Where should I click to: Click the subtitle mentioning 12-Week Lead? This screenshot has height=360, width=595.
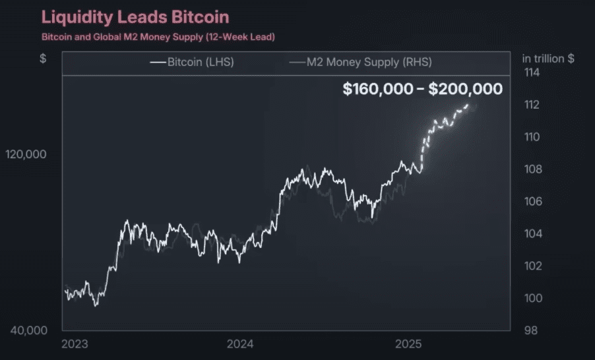tap(158, 37)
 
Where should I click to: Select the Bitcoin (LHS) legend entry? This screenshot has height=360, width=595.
tap(192, 63)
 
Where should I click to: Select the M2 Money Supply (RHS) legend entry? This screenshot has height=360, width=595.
tap(361, 63)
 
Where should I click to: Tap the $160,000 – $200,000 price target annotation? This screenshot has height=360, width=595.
tap(422, 89)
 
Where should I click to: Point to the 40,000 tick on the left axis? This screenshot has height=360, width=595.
tap(30, 330)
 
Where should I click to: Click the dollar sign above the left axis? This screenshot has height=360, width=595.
tap(43, 59)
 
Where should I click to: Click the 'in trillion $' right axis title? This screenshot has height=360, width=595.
tap(548, 59)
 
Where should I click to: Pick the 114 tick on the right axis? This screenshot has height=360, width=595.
tap(531, 73)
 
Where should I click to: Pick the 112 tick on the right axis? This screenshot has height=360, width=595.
tap(531, 105)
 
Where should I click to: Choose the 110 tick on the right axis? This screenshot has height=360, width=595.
tap(531, 137)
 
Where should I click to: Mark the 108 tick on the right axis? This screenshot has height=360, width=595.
tap(531, 169)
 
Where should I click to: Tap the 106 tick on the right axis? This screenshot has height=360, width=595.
tap(531, 202)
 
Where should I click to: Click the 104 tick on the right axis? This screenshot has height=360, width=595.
tap(531, 234)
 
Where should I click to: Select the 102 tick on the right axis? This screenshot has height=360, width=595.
tap(531, 266)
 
